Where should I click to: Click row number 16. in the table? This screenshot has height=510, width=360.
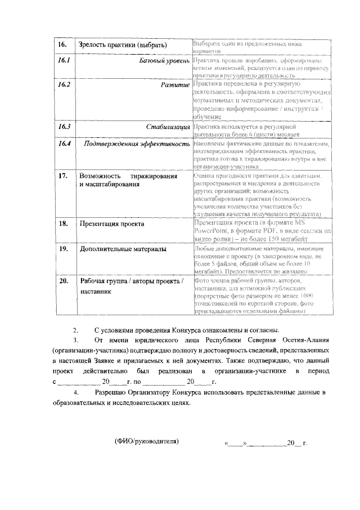62,45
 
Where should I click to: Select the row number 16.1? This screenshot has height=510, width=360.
64,60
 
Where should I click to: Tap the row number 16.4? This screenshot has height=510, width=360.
64,144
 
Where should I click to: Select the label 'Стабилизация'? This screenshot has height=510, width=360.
168,127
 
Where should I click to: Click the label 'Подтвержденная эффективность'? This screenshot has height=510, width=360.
137,144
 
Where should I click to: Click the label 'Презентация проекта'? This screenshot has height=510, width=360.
112,223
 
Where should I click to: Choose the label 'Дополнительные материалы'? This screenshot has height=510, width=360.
122,248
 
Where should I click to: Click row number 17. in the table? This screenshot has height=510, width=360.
64,176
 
